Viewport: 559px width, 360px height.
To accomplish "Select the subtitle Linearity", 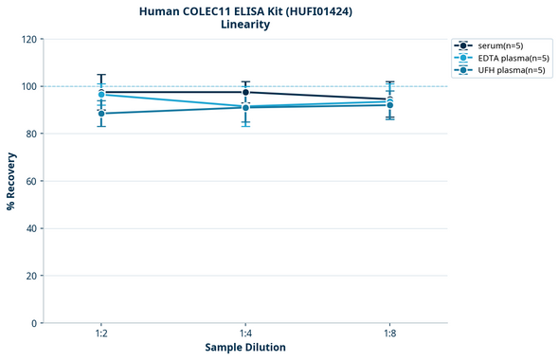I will (x=245, y=25).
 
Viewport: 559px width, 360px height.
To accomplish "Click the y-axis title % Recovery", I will (x=11, y=180).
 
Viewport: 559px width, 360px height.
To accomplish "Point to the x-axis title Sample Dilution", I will (x=245, y=347).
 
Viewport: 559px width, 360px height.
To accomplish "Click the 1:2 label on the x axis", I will (x=101, y=333).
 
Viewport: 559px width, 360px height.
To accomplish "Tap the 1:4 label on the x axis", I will (x=245, y=333).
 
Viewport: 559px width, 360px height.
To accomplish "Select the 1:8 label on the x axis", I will (x=389, y=333).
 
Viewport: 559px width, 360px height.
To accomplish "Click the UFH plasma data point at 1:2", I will (x=101, y=114).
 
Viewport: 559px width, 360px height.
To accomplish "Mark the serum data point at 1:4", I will (x=245, y=92).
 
